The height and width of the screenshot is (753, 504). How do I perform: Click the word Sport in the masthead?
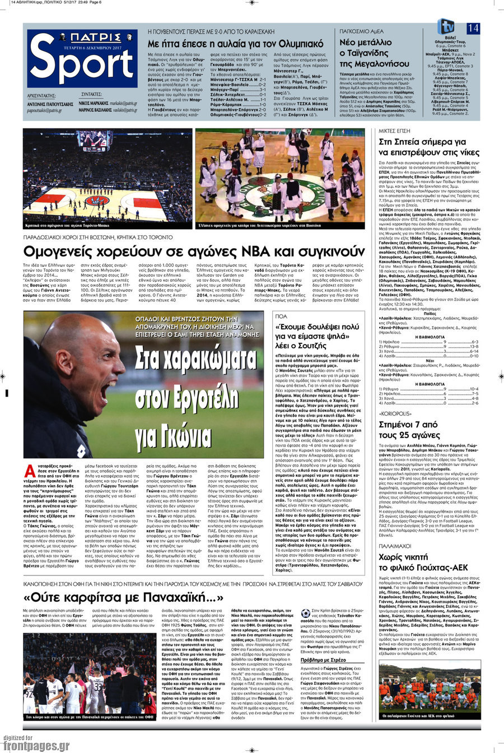[81, 64]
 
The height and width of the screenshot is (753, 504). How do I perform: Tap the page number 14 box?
[473, 28]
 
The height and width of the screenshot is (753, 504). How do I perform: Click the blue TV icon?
[446, 26]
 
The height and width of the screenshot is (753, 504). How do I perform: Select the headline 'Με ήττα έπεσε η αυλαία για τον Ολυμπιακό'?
[235, 43]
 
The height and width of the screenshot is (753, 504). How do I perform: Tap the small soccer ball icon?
[305, 613]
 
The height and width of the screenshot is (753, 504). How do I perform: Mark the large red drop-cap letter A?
[29, 471]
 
